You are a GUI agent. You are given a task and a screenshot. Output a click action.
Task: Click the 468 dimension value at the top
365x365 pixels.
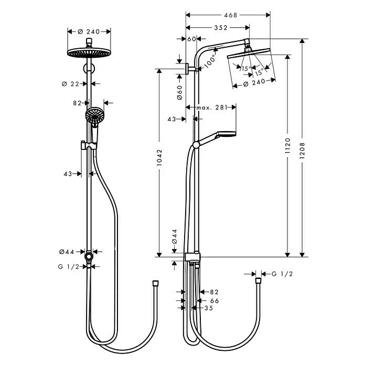229,16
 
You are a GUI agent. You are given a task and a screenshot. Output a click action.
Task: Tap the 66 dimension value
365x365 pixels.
214,300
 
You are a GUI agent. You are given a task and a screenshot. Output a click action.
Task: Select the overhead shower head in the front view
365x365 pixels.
89,53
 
